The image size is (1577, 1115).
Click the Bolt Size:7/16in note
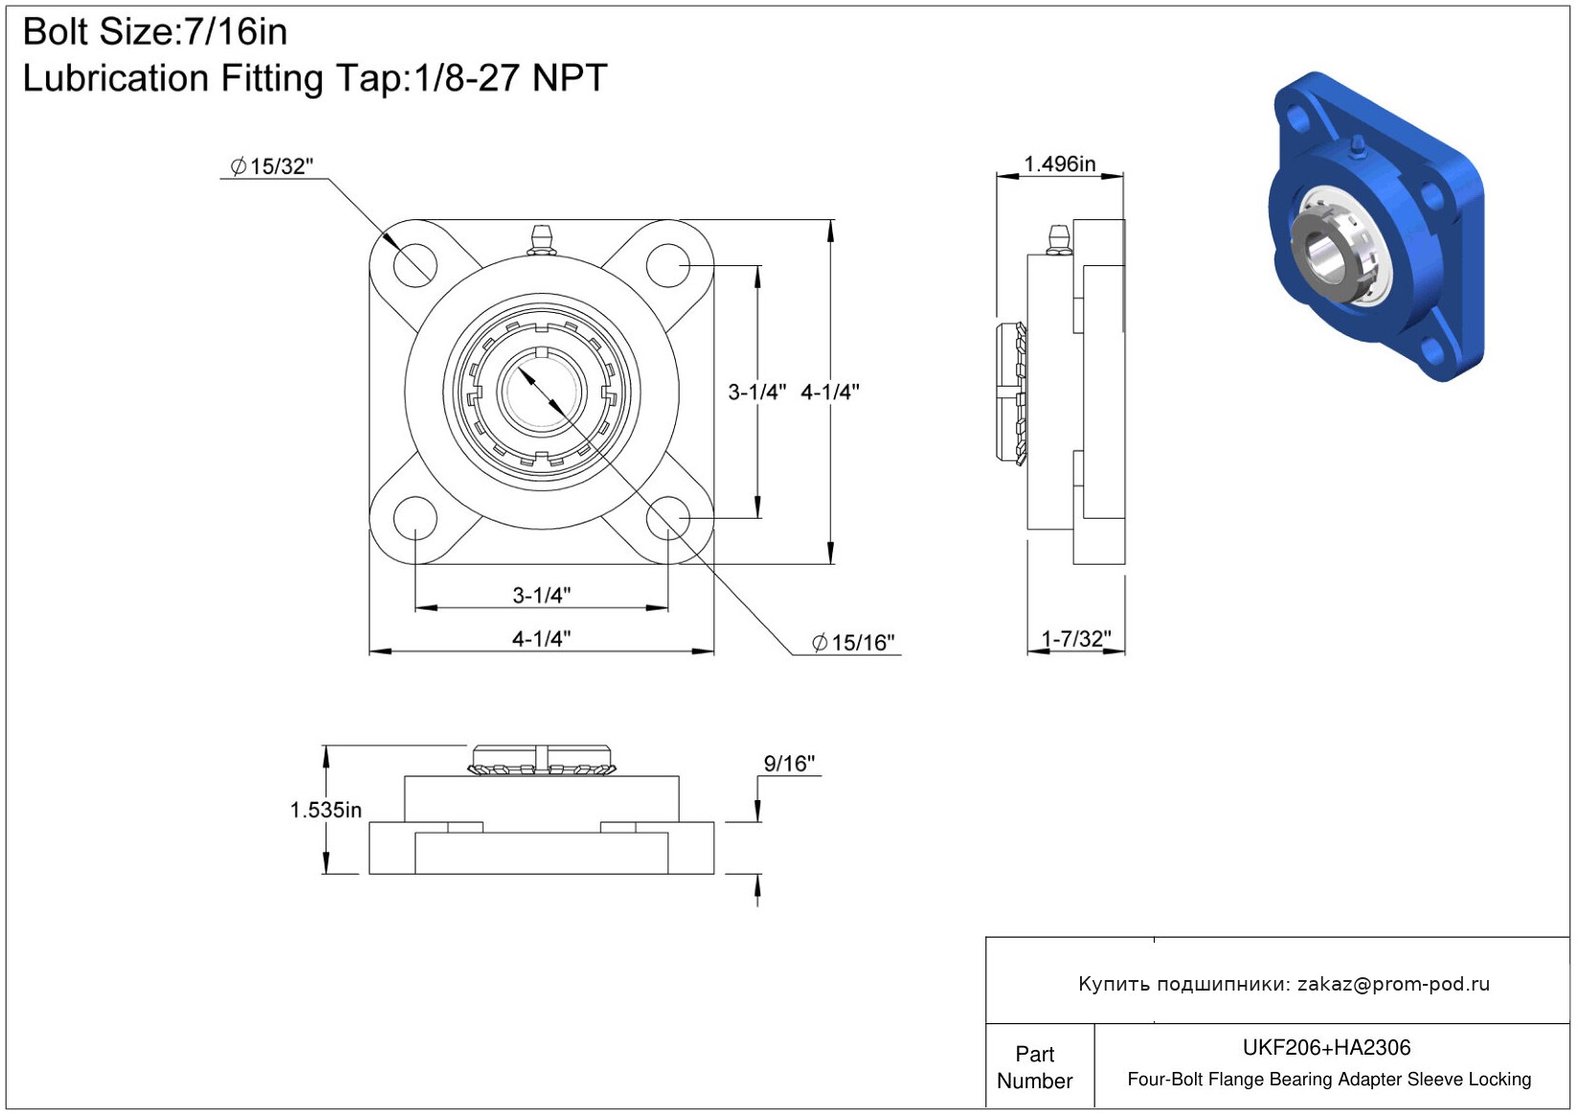155,33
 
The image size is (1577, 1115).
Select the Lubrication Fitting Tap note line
315,78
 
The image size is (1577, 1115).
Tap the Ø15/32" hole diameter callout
271,167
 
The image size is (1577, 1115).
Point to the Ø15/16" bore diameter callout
852,642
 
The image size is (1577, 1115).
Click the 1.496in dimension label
1060,164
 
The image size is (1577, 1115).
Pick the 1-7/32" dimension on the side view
1075,639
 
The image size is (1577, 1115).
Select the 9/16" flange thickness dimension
789,763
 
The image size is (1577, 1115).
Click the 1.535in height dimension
326,810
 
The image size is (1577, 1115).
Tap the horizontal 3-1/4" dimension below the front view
541,595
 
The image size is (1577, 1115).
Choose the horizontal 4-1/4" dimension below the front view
541,639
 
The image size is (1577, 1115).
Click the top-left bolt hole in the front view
416,265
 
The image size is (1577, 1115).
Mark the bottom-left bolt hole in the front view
416,518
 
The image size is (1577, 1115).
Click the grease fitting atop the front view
541,240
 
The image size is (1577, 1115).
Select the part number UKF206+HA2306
1326,1047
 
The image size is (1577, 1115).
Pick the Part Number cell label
1034,1067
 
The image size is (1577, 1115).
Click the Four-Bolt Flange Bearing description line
1329,1079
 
